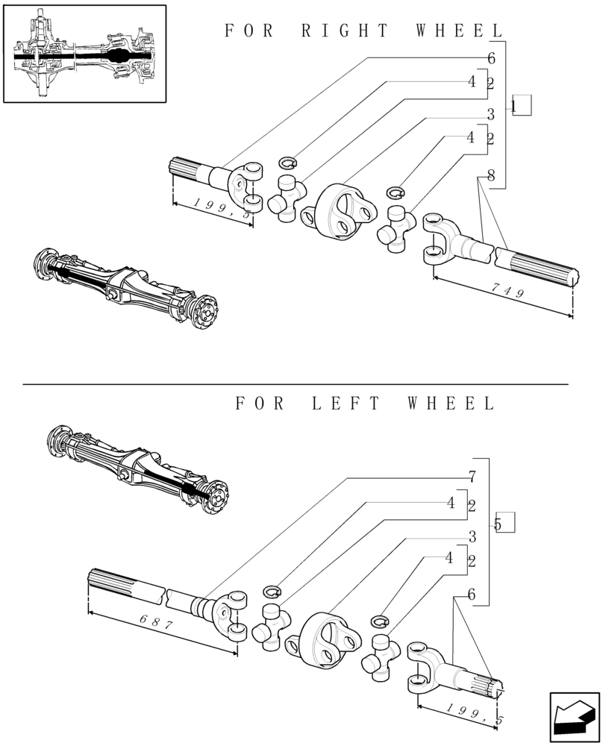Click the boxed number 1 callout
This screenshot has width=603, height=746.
click(520, 106)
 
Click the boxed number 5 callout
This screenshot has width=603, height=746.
click(504, 524)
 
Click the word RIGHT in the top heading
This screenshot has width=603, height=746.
click(346, 31)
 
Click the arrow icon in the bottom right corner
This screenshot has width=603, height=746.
click(574, 717)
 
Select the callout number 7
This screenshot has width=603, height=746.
click(472, 475)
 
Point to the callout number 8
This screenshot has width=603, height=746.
click(490, 176)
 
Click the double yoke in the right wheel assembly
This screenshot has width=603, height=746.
click(343, 211)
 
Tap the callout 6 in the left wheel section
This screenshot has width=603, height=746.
click(472, 595)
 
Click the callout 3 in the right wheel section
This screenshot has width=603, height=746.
click(490, 115)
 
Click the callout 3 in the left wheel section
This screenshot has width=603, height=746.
click(472, 536)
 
